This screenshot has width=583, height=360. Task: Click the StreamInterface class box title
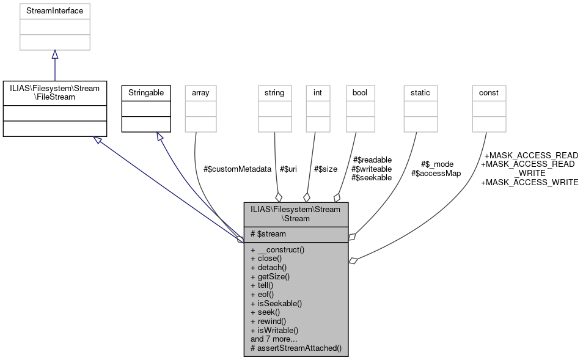pyautogui.click(x=55, y=10)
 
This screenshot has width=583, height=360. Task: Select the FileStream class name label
pyautogui.click(x=55, y=92)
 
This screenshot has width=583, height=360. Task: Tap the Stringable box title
pyautogui.click(x=145, y=92)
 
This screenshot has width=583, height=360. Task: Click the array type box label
pyautogui.click(x=200, y=92)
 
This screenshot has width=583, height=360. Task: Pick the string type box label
pyautogui.click(x=274, y=92)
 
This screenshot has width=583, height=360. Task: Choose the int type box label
pyautogui.click(x=317, y=92)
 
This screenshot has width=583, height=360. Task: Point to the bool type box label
pyautogui.click(x=360, y=92)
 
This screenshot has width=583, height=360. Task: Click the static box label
pyautogui.click(x=420, y=92)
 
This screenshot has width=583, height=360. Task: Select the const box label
pyautogui.click(x=488, y=92)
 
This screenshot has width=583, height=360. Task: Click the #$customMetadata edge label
pyautogui.click(x=237, y=169)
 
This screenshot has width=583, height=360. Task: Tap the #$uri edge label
pyautogui.click(x=288, y=169)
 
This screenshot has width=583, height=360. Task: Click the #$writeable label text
pyautogui.click(x=372, y=169)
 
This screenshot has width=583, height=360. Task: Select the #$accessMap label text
pyautogui.click(x=436, y=173)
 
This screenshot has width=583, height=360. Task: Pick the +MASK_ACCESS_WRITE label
pyautogui.click(x=529, y=182)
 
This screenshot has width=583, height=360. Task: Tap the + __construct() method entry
pyautogui.click(x=277, y=249)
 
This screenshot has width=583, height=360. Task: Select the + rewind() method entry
pyautogui.click(x=268, y=320)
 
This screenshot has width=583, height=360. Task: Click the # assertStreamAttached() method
pyautogui.click(x=296, y=348)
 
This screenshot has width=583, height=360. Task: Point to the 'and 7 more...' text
pyautogui.click(x=274, y=339)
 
